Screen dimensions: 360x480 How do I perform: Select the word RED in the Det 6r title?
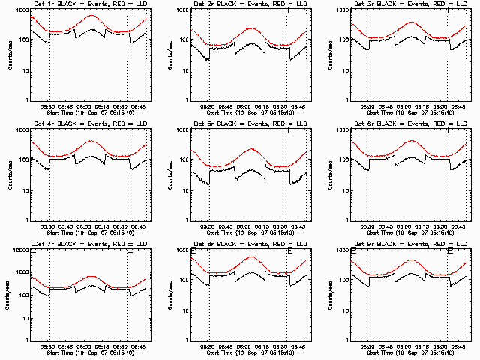point(436,125)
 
